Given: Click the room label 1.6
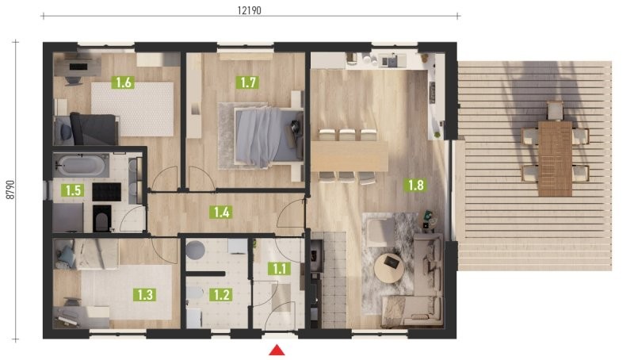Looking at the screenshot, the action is click(124, 82).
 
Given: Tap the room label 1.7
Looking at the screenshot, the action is click(247, 82).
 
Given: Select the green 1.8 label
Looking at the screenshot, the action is click(415, 186).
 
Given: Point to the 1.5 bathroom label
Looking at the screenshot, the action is click(73, 190).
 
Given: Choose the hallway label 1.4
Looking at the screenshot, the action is click(221, 212).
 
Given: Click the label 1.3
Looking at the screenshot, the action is click(145, 294).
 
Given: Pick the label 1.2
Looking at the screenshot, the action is click(221, 294).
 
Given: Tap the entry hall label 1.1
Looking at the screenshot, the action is click(280, 269).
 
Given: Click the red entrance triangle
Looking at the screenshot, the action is click(277, 350).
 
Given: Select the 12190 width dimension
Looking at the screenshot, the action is click(249, 10).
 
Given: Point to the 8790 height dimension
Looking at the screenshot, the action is click(10, 190).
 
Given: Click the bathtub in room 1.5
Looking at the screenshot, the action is click(81, 166).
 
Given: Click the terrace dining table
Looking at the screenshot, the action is click(556, 159).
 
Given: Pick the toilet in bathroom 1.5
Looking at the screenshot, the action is click(102, 218).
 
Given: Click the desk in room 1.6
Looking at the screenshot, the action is click(78, 67).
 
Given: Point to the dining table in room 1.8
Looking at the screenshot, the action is click(349, 156).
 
